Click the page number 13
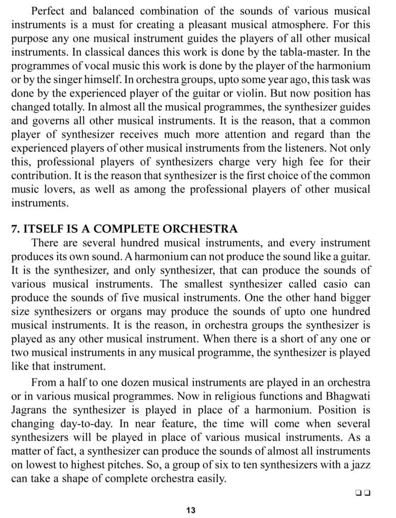[190, 510]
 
